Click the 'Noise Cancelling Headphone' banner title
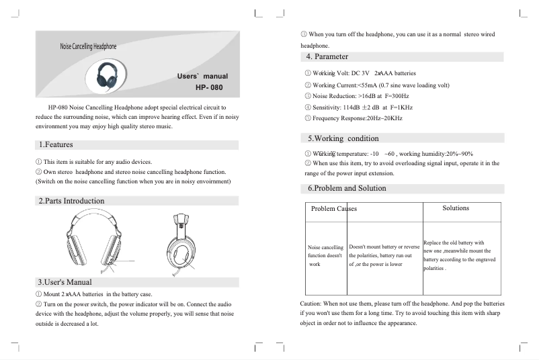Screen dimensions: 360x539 88,46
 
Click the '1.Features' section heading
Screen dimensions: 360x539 56,144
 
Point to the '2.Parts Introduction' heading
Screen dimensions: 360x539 71,201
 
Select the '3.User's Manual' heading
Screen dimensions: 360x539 65,281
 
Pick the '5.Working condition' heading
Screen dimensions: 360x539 343,138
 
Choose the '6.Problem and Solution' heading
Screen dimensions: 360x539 347,188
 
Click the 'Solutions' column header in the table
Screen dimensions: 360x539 456,208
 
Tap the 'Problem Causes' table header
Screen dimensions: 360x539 334,209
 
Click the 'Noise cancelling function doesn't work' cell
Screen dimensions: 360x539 325,256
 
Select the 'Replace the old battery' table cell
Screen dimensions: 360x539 460,255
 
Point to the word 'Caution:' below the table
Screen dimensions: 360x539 313,304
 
